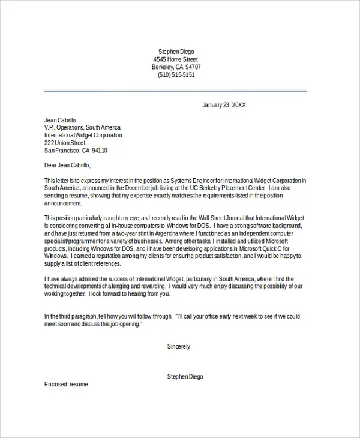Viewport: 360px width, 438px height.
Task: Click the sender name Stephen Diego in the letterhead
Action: click(176, 52)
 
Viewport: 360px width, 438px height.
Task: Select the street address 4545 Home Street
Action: click(176, 59)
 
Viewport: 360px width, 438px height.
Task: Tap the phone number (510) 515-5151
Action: click(176, 75)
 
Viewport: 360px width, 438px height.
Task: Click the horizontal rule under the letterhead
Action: click(175, 91)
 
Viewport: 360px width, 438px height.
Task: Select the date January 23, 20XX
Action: click(224, 105)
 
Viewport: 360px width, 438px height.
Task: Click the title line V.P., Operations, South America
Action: click(82, 128)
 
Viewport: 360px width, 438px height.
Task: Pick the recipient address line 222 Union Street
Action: click(65, 143)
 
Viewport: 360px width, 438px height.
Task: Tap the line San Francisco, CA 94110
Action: click(76, 151)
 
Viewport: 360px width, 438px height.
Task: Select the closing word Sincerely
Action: click(178, 346)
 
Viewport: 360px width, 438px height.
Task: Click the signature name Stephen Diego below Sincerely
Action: click(185, 376)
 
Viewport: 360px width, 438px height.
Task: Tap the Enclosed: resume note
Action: click(66, 384)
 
